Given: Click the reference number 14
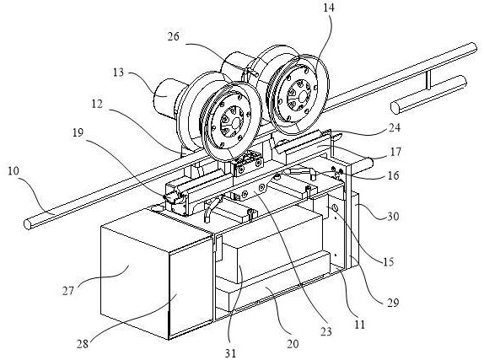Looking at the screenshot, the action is click(x=329, y=8).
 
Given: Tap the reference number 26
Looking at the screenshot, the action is click(x=174, y=37).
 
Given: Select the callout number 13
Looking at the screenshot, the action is click(x=117, y=73).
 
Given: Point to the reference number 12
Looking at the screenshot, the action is click(x=97, y=104).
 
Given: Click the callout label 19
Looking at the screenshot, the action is click(x=78, y=133).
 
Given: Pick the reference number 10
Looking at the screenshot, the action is click(x=13, y=171).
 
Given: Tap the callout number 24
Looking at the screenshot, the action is click(x=394, y=128).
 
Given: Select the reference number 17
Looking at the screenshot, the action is click(x=395, y=152).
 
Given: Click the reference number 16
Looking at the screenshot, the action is click(x=393, y=175).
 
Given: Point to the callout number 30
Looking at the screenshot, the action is click(x=393, y=216).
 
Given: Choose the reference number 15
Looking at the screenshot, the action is click(x=389, y=262).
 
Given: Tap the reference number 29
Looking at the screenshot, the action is click(x=393, y=303).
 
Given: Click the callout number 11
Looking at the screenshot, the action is click(x=359, y=325).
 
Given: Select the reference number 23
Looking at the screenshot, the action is click(x=326, y=332).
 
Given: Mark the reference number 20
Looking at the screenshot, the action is click(x=293, y=344).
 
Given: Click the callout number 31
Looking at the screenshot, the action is click(x=230, y=353).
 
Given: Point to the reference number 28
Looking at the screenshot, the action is click(x=83, y=344).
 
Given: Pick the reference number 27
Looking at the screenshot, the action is click(x=68, y=291).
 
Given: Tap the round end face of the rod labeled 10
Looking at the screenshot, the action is click(x=28, y=224).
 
